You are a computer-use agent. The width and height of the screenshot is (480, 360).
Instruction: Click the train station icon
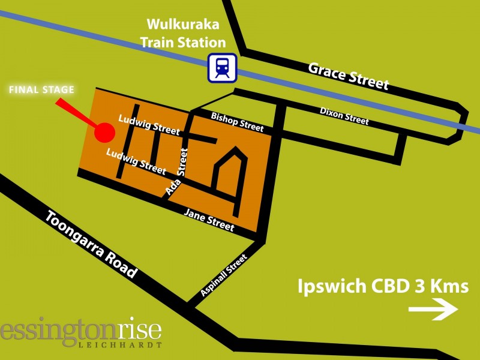coord(223,68)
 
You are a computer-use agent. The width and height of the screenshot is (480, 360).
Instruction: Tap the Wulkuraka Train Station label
coord(187,34)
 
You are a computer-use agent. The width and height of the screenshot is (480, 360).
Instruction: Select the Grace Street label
coord(349,76)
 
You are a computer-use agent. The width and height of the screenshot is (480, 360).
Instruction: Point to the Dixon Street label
coord(344,116)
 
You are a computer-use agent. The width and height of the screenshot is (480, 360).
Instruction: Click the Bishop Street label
coord(237,121)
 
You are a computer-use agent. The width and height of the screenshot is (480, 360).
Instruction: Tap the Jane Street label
coord(209,220)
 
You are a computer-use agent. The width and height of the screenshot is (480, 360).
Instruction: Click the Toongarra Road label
coord(92,242)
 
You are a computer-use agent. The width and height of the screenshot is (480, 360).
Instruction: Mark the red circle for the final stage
coord(106,131)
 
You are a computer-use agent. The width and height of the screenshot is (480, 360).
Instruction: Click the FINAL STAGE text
coord(41,91)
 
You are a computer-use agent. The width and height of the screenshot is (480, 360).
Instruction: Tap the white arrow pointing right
coord(433,310)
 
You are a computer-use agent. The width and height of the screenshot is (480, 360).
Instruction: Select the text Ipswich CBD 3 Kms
coord(383,286)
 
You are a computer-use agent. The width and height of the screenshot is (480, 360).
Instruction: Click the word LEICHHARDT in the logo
coord(121,346)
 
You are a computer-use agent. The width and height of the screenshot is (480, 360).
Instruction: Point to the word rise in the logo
coord(137,331)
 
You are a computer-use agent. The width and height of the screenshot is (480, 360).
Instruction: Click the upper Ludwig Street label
coord(149,125)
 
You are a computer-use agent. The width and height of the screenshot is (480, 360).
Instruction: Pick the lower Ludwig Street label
coord(136,161)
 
